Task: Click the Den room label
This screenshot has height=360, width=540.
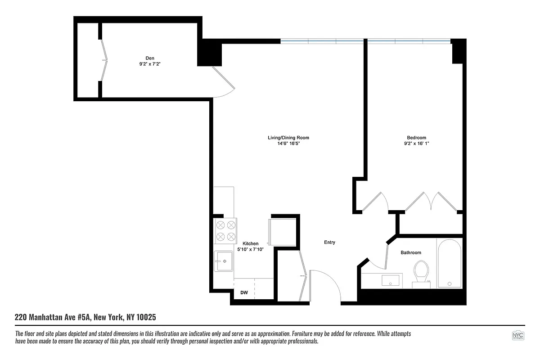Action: (x=150, y=58)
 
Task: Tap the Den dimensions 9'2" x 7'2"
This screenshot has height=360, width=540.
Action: (x=150, y=64)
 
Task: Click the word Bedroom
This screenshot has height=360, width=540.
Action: (x=416, y=138)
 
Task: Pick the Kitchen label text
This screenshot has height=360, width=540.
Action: (x=251, y=243)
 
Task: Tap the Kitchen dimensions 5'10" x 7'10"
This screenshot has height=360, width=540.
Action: (x=251, y=249)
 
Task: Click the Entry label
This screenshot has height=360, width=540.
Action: (x=329, y=243)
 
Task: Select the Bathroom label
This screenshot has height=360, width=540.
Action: (x=411, y=253)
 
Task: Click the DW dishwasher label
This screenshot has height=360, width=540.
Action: (x=244, y=293)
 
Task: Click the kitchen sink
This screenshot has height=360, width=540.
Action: (x=224, y=261)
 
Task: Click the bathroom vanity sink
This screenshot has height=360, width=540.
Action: (x=390, y=280)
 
